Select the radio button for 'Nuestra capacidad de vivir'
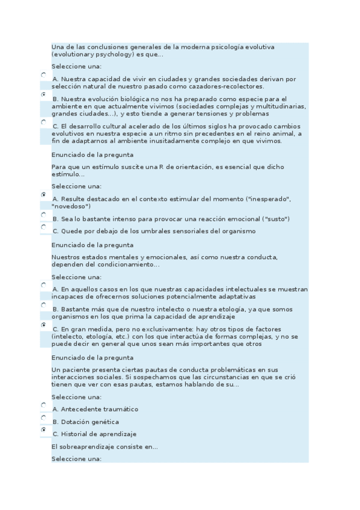[x=43, y=75]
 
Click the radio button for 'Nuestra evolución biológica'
[x=43, y=94]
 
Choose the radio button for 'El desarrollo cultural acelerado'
[x=43, y=121]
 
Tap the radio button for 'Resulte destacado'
[x=43, y=195]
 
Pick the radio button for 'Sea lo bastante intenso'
[x=43, y=215]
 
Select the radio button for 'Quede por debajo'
[x=43, y=227]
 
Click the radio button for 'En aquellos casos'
[x=43, y=285]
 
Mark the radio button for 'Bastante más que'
[x=43, y=305]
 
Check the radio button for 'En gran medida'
[x=43, y=325]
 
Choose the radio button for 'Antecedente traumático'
[x=43, y=405]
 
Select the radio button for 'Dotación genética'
[x=43, y=418]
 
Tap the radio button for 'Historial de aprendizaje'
[x=43, y=430]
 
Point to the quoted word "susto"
[x=277, y=219]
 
